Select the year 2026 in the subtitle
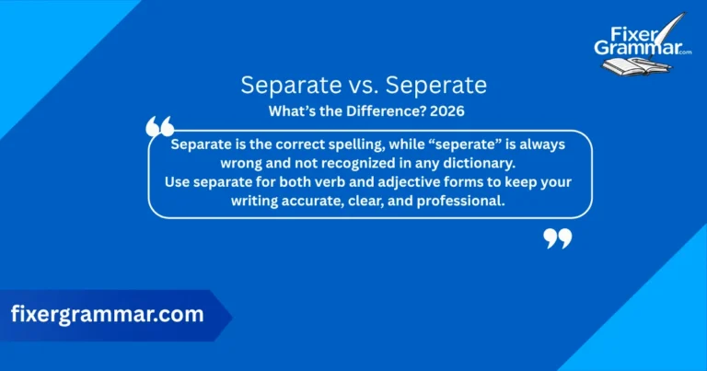(x=445, y=112)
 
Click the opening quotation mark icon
(x=160, y=128)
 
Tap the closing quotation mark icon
(x=557, y=239)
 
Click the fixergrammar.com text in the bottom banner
(x=107, y=314)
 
